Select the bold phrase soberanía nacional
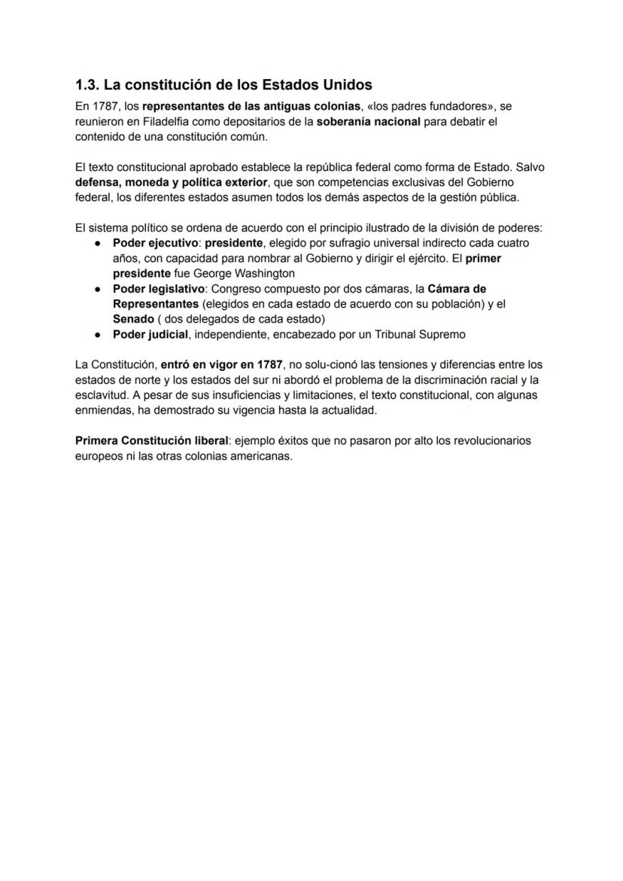(368, 121)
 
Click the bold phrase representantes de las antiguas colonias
(251, 106)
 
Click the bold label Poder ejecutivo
(155, 244)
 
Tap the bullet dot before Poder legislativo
(99, 289)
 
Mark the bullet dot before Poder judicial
(99, 335)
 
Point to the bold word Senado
(133, 319)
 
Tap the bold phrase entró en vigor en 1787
(222, 365)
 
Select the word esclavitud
(102, 396)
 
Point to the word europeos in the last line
(99, 457)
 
